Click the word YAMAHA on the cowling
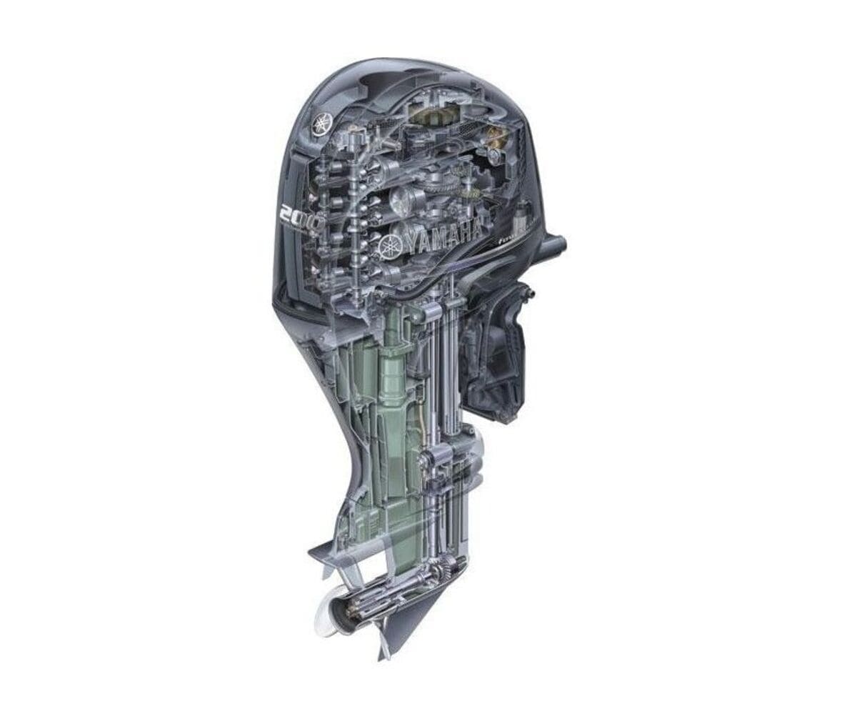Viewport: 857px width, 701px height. coord(443,238)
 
